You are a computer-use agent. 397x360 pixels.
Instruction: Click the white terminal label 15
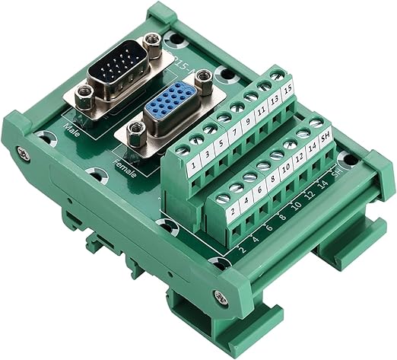tap(287, 88)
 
